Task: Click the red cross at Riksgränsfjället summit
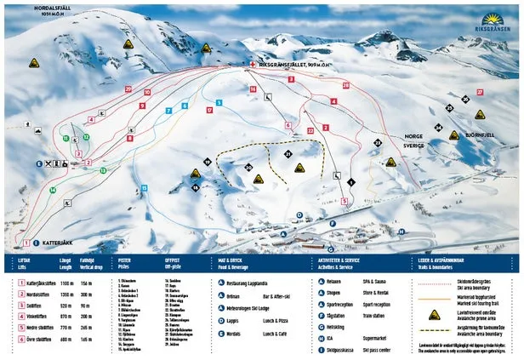coord(253,64)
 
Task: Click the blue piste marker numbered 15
coord(144,188)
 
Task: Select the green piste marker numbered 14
coord(52,190)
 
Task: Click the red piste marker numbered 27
coord(480,92)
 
